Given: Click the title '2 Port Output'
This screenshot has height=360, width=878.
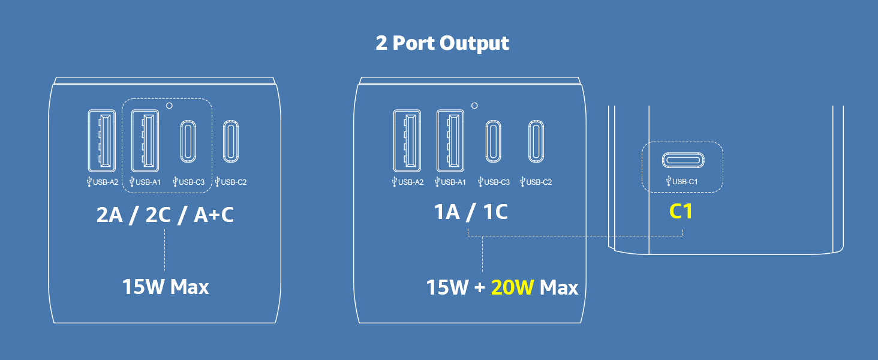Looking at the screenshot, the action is point(442,43).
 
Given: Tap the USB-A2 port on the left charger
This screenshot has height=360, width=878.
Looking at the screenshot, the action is point(102,141).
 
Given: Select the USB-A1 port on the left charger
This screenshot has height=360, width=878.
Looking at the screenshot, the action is point(145,141).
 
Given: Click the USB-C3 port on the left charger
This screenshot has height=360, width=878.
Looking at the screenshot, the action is point(188,141).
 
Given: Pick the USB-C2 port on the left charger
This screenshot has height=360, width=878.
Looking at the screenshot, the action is point(231,141).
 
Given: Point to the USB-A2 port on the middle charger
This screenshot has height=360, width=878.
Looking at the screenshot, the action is point(407,141).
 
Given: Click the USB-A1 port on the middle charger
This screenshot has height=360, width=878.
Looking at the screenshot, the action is point(450,141).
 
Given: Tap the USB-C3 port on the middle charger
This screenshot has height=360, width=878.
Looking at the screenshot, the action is point(493,141).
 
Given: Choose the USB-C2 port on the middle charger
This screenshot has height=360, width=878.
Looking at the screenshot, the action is point(536,141).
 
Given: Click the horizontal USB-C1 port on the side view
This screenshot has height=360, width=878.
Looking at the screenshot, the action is point(683,160).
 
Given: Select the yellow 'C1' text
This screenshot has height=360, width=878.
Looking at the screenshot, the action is point(681,212).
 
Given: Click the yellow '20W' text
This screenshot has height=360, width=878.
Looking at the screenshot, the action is point(512,287).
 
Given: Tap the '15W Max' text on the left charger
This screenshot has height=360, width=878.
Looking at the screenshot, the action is point(166,287).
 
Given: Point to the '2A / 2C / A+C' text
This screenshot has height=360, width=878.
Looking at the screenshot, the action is point(165,215).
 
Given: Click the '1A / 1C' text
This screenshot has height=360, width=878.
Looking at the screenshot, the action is point(471,212).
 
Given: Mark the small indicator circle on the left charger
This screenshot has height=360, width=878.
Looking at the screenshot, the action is point(169,106).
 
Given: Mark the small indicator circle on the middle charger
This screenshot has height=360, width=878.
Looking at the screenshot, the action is point(474,106).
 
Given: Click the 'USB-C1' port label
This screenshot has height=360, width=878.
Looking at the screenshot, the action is point(682,182).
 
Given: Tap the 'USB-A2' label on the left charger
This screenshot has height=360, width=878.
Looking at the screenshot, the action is point(103,182).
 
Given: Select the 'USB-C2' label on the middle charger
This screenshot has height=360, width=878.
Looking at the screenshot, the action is point(536,182).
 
